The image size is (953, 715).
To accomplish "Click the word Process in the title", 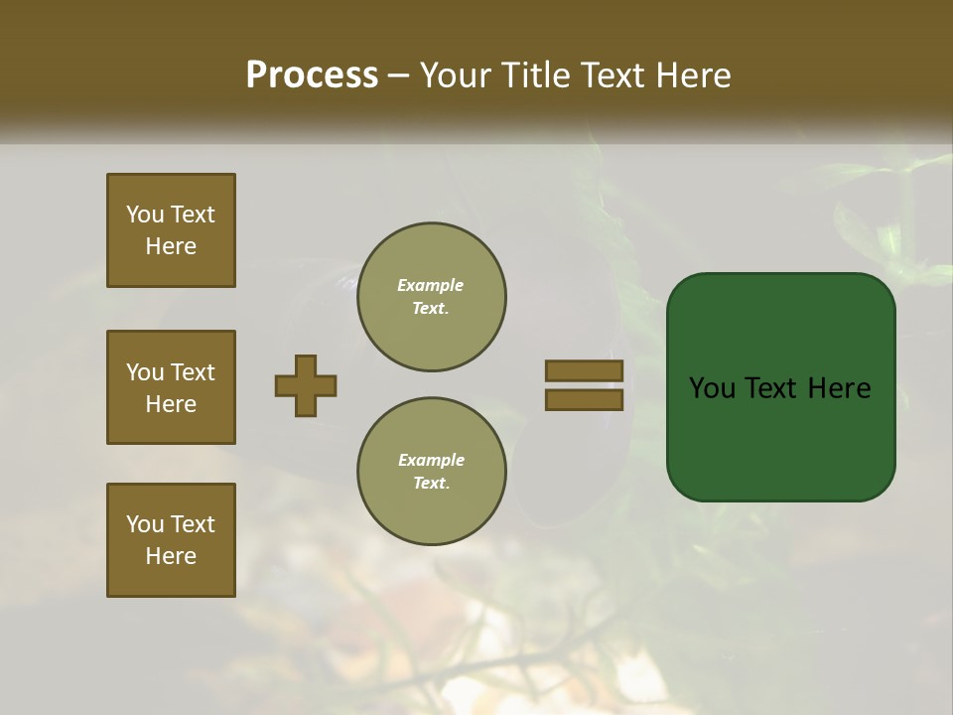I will [x=312, y=75].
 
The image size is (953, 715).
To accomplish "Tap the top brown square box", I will [x=171, y=230].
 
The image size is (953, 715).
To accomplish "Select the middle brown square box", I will [x=171, y=387].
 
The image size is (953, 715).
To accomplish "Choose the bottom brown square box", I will [x=171, y=540].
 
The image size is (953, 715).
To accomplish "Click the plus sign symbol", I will [x=306, y=385].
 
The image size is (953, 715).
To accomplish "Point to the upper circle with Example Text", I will [x=431, y=297].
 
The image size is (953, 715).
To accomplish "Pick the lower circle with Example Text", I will [x=431, y=472].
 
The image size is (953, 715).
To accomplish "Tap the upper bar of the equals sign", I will [x=584, y=370].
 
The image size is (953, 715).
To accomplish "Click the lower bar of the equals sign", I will [x=584, y=400].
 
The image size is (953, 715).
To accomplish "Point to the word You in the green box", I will [x=713, y=388].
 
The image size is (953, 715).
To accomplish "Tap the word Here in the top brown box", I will [x=171, y=246].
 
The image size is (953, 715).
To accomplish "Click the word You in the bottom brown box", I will [x=145, y=524].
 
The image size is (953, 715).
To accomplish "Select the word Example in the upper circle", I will [x=431, y=286].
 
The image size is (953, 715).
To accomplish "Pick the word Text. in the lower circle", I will [x=431, y=484].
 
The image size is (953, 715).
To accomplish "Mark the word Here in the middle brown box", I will [x=171, y=404].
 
